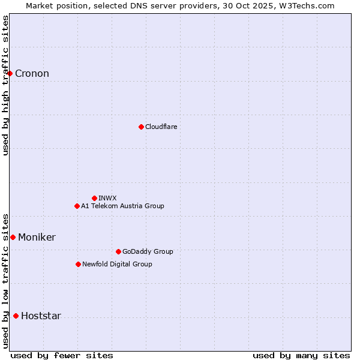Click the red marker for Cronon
[10, 73]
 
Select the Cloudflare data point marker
[141, 127]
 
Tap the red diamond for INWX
[94, 198]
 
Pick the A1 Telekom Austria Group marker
[77, 206]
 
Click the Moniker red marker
[13, 237]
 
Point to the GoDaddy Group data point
[118, 251]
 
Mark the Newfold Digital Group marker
[78, 264]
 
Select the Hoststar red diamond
[16, 316]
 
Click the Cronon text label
[32, 74]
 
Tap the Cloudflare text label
[161, 127]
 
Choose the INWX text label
[107, 199]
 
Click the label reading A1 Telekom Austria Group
[122, 206]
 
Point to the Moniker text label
[37, 238]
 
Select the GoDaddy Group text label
[148, 252]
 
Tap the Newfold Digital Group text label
[117, 265]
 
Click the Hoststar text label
[41, 316]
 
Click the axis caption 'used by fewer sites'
[62, 355]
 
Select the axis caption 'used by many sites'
[301, 355]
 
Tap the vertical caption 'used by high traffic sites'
[6, 85]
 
